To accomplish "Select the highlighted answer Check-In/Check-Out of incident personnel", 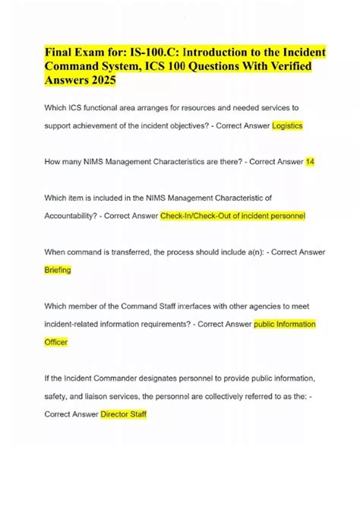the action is click(x=232, y=216).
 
